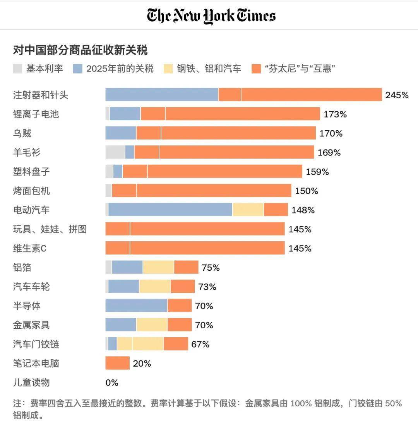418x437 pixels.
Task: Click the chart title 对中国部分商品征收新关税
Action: pos(80,50)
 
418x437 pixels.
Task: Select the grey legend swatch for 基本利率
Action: pos(18,69)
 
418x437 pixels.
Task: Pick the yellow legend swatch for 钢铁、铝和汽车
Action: pos(169,69)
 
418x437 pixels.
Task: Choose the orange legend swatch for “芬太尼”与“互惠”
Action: pos(256,69)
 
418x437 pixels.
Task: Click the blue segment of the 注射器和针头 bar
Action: pos(162,95)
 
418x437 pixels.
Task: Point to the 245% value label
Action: pos(397,95)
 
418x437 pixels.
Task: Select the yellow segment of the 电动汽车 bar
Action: pos(248,210)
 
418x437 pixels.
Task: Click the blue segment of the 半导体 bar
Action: pos(136,306)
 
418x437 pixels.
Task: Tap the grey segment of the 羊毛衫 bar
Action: pos(115,152)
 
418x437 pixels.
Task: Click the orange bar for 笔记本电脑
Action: pos(117,363)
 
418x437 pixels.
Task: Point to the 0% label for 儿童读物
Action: pos(112,383)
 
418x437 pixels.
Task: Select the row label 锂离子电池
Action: pos(36,114)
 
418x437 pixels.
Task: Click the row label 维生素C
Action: pos(30,248)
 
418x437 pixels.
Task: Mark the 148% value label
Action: pos(303,210)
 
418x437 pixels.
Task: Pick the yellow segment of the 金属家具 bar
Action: pos(152,325)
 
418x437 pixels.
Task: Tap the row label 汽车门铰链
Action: pos(36,344)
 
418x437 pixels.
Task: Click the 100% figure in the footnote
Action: pos(301,403)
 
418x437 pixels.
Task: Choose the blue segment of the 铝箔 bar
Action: pos(127,267)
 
